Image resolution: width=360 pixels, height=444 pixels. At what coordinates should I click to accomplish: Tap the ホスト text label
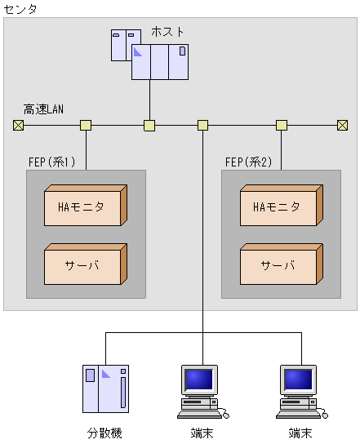(x=167, y=32)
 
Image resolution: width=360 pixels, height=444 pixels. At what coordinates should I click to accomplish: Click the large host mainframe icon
(x=159, y=61)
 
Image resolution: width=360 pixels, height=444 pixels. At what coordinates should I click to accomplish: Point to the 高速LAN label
(x=43, y=109)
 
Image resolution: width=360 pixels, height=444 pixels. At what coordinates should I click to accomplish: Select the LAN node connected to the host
(x=149, y=125)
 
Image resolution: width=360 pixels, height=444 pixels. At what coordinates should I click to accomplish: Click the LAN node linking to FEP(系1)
(x=86, y=125)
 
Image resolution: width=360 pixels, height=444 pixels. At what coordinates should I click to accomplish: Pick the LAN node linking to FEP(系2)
(x=282, y=125)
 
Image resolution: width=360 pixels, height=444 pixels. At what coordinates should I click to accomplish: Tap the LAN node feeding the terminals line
(x=203, y=125)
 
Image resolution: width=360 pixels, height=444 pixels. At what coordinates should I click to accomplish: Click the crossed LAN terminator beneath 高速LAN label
(x=18, y=125)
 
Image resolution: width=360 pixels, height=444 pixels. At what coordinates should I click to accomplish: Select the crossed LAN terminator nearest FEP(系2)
(x=342, y=125)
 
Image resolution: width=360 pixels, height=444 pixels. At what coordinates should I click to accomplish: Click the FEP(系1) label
(x=51, y=162)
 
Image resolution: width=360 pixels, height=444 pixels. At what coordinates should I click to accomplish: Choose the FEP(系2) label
(x=248, y=162)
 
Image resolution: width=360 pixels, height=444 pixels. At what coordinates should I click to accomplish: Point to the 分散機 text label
(x=104, y=433)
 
